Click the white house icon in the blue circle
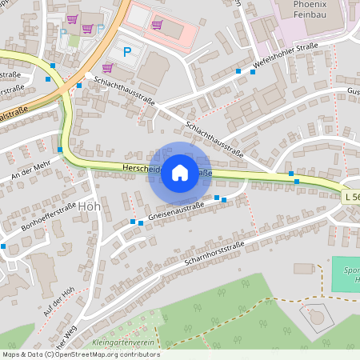coord(180,172)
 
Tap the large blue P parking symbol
coord(127,52)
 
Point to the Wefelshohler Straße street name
coord(286,57)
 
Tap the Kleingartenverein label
coord(123,342)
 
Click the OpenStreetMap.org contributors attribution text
coord(107,354)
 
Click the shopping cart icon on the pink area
coord(157,24)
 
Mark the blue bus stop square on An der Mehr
coord(60,149)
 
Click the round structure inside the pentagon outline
coord(318,317)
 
